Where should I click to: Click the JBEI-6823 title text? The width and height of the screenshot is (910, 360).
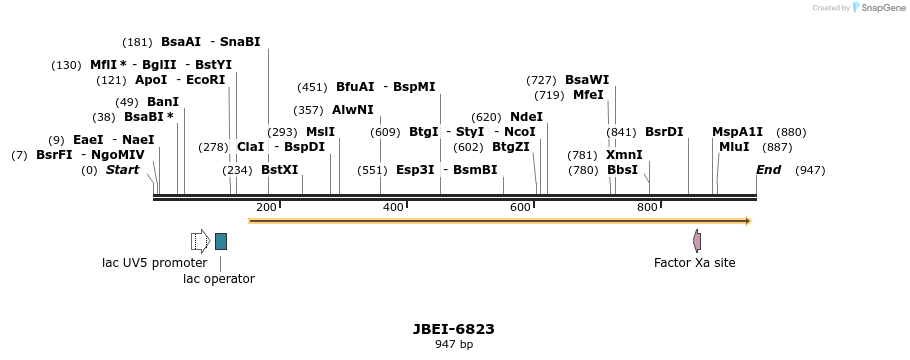453,329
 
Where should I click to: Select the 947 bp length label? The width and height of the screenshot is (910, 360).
453,345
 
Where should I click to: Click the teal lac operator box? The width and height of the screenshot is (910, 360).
221,241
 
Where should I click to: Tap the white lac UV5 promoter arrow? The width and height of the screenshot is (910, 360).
200,241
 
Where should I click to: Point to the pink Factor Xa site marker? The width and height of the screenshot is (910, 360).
697,241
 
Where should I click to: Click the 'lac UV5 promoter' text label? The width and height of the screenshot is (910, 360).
155,263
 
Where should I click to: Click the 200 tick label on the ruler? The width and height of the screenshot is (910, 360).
266,207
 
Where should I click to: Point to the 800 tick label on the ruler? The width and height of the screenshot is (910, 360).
647,207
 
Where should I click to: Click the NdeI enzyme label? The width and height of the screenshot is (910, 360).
526,117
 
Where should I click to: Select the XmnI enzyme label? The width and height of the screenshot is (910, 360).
624,155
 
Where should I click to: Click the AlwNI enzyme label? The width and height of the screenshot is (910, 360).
352,110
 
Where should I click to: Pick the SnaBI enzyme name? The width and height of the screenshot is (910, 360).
240,42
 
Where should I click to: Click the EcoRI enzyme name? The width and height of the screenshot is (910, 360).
206,80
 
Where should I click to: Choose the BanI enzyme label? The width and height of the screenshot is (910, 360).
163,102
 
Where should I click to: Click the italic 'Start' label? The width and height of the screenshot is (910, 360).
122,170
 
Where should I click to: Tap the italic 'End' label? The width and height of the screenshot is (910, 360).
768,170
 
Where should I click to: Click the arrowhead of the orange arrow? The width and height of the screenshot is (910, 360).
746,221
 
